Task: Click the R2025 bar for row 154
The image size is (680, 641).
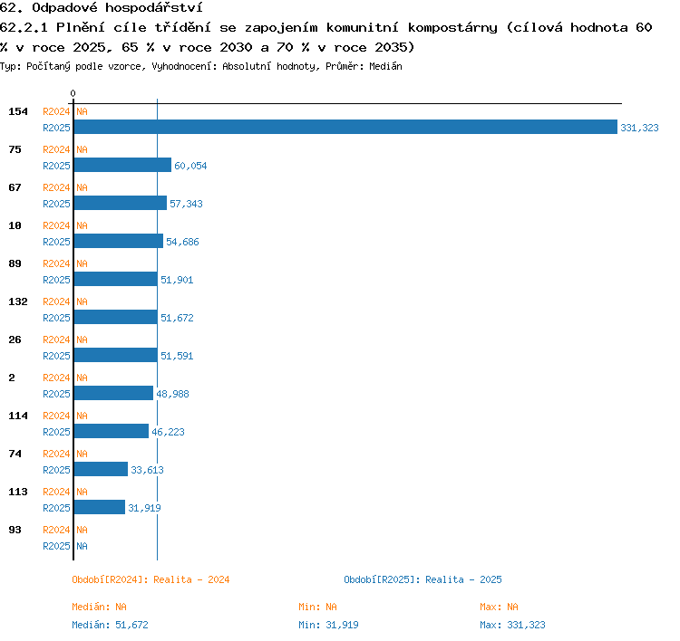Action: pyautogui.click(x=345, y=127)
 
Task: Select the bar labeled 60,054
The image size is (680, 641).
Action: pyautogui.click(x=122, y=165)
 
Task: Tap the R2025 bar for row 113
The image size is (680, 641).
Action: pyautogui.click(x=100, y=507)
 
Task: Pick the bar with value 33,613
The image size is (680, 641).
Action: pyautogui.click(x=101, y=469)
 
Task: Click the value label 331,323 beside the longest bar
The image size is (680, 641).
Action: pyautogui.click(x=639, y=128)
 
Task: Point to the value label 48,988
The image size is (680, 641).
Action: pyautogui.click(x=172, y=394)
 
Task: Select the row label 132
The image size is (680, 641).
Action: pyautogui.click(x=18, y=301)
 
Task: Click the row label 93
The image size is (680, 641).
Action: pyautogui.click(x=15, y=530)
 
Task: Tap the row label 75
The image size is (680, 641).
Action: pyautogui.click(x=15, y=149)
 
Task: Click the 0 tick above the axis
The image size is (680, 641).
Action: pyautogui.click(x=73, y=93)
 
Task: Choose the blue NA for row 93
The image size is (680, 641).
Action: pyautogui.click(x=82, y=546)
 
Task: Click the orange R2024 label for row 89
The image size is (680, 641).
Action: pyautogui.click(x=56, y=263)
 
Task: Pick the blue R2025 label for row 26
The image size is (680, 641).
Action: pyautogui.click(x=56, y=356)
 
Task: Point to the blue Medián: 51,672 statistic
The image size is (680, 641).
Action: pyautogui.click(x=110, y=625)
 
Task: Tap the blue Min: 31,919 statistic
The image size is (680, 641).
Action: pyautogui.click(x=328, y=625)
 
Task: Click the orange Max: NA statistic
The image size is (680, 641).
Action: pyautogui.click(x=499, y=607)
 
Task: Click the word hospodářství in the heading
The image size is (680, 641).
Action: pyautogui.click(x=153, y=7)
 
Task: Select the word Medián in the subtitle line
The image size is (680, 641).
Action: pyautogui.click(x=385, y=66)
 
